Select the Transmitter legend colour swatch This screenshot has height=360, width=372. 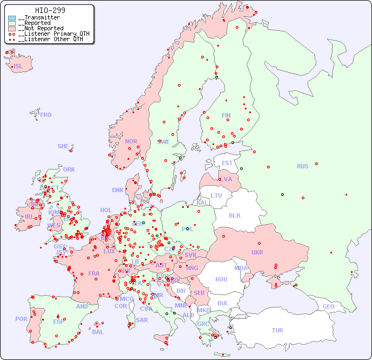pos(12,18)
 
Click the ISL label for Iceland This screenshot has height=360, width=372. pos(18,67)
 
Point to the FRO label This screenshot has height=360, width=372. pos(46,115)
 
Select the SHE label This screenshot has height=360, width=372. pos(63,146)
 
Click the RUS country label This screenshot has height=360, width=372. pos(302,166)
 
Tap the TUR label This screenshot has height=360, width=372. pos(277,330)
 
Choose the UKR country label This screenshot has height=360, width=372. pos(257,252)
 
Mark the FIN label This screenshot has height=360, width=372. pos(226,115)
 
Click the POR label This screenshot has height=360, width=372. pos(21,319)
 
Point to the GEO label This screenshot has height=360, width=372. pos(328,306)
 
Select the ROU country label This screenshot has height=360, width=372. pos(221,279)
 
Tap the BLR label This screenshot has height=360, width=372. pos(234,215)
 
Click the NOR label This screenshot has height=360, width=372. pos(131,141)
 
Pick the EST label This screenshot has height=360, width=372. pos(227,163)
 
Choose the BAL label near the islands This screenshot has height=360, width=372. pos(98,332)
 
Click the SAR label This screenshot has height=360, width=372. pos(142,320)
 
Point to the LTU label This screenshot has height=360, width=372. pos(216,195)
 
